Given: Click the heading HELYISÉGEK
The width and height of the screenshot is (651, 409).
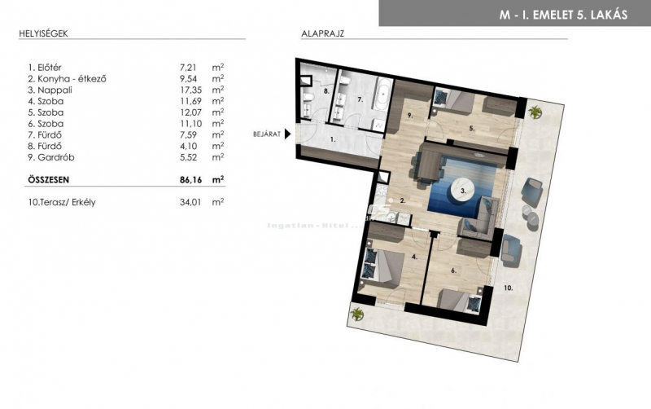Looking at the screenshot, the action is [43, 33].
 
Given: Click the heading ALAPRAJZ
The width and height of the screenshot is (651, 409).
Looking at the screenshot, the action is [322, 33].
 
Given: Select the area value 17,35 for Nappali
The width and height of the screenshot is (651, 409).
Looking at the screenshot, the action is [190, 90].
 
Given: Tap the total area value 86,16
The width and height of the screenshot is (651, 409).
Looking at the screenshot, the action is [190, 179].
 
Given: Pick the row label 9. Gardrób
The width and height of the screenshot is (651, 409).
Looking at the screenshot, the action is [51, 157].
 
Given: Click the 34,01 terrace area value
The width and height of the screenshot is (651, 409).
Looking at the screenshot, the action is [190, 202].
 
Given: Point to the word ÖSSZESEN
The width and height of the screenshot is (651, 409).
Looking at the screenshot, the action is [49, 179].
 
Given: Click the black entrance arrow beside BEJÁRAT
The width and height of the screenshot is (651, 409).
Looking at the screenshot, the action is [287, 134].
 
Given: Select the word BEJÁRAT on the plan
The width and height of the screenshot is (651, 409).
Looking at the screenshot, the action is [267, 134].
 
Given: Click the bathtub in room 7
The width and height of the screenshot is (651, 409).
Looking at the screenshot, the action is [383, 94].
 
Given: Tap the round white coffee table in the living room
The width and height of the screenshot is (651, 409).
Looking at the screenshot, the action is [464, 191].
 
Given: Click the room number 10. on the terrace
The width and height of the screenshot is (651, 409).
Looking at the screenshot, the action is [508, 288].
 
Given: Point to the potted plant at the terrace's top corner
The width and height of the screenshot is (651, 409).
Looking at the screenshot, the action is [535, 112].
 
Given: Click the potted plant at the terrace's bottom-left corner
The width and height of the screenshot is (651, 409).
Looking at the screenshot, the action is [356, 314].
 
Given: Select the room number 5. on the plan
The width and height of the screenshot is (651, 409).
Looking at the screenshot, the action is [472, 129].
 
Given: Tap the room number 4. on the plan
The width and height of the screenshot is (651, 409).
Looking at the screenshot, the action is [414, 257].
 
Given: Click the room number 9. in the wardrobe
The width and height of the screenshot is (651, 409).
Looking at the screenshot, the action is [410, 116].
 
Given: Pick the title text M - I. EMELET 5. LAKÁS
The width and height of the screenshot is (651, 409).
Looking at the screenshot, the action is [563, 15].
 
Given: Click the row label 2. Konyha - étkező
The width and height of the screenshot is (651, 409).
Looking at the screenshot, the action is [67, 78].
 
